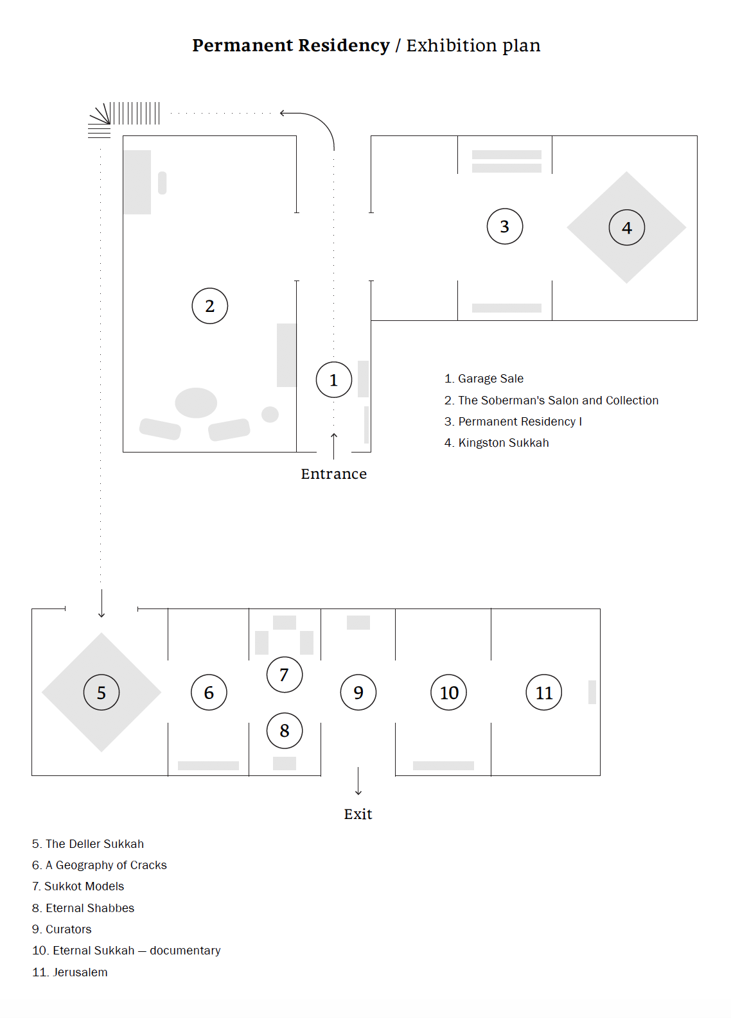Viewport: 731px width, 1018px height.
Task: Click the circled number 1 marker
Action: [333, 380]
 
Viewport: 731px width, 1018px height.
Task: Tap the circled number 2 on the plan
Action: [209, 306]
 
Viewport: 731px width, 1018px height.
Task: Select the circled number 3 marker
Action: [504, 227]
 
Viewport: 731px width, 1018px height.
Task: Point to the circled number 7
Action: [284, 675]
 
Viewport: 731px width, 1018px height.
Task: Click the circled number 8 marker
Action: [284, 730]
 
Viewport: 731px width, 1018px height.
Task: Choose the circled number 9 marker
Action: [358, 693]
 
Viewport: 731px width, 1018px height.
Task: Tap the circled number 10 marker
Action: [448, 693]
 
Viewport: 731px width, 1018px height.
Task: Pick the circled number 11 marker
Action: [543, 693]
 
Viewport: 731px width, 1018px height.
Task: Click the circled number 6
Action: [209, 693]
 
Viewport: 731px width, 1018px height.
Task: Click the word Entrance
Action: [333, 474]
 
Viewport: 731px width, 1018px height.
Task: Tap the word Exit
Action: [358, 814]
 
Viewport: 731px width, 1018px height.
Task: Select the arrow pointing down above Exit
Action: [358, 781]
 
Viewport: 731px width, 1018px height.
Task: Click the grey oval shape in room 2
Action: [196, 402]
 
